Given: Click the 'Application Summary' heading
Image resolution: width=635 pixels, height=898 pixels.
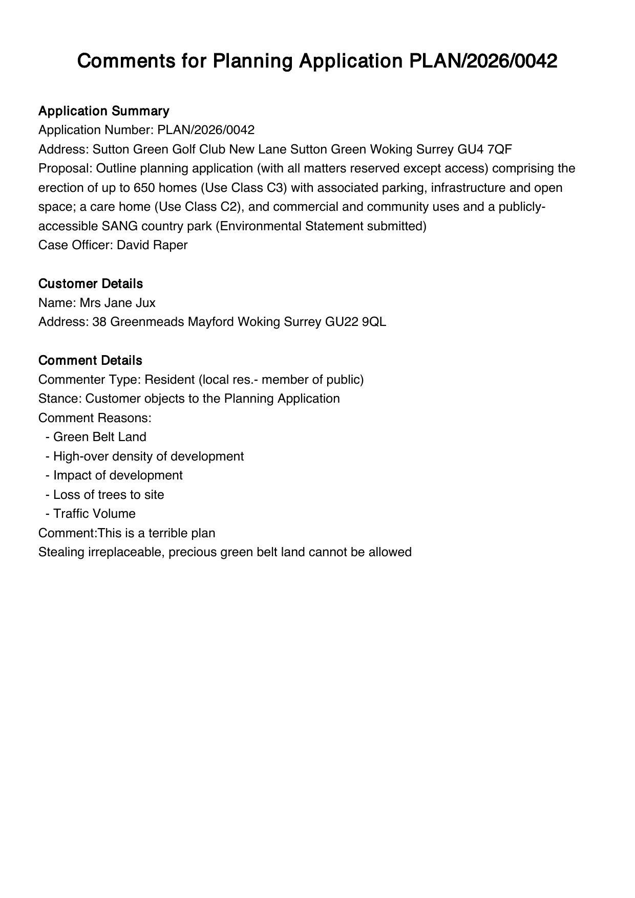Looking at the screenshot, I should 103,111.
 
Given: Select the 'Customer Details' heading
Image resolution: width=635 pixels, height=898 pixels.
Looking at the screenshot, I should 90,283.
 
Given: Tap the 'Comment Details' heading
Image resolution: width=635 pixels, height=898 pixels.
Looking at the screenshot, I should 90,360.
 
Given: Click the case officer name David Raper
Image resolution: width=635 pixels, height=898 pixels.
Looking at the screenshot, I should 152,245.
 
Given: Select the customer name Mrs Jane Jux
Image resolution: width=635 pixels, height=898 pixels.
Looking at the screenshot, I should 117,303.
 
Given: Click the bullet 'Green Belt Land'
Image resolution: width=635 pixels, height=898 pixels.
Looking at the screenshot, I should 99,437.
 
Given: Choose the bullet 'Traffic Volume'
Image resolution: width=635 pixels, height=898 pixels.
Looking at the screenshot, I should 94,514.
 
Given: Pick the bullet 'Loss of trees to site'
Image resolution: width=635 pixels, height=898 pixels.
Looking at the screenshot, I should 109,495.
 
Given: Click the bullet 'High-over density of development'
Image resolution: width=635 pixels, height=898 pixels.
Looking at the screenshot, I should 148,456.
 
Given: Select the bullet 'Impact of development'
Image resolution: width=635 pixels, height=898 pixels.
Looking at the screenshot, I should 118,475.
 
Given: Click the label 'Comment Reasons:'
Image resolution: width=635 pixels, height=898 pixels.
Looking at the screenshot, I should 95,418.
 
